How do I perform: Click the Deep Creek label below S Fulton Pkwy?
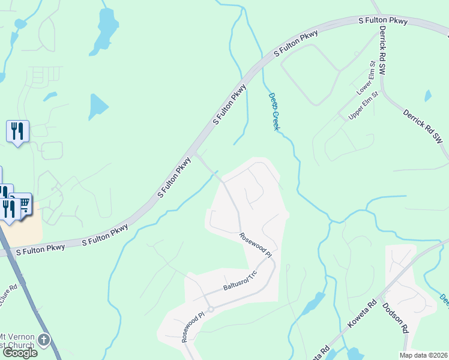click(x=274, y=112)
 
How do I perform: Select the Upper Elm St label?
click(x=364, y=106)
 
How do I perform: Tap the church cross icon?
click(x=43, y=340)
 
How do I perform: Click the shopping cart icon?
click(x=24, y=204)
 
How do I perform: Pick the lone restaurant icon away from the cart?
click(x=17, y=131)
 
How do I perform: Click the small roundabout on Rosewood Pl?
click(x=211, y=310)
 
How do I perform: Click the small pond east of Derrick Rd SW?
click(x=427, y=95)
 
